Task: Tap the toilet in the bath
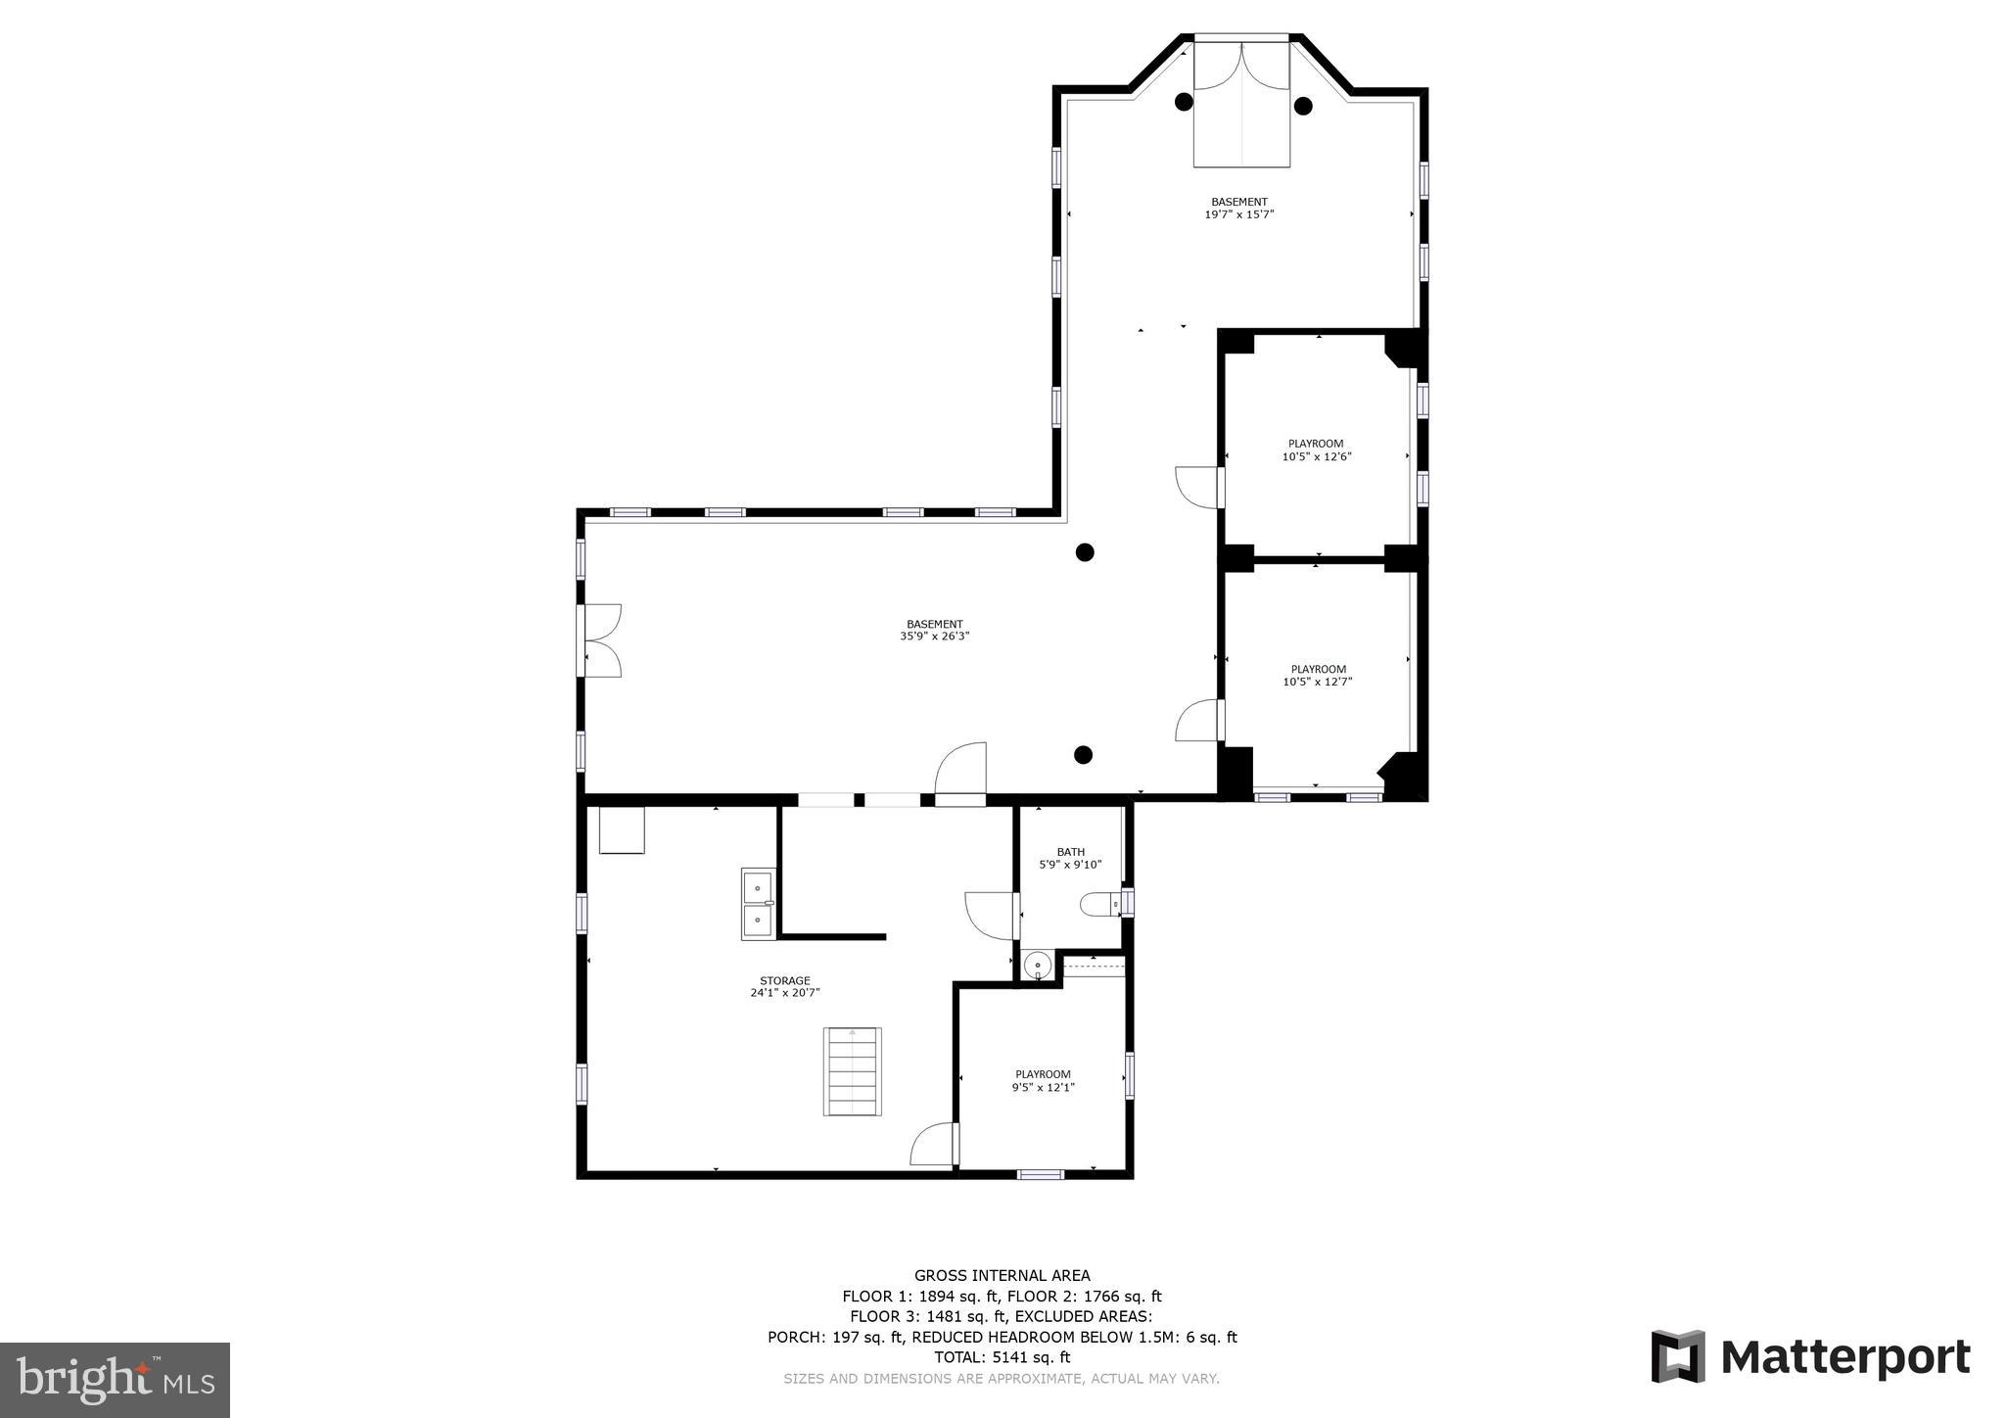point(1098,904)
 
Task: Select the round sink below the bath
point(1037,966)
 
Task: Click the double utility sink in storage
point(758,904)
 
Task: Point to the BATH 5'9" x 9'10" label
point(1070,858)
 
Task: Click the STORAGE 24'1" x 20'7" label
point(784,986)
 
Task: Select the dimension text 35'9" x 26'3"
point(934,637)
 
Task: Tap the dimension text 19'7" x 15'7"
point(1238,214)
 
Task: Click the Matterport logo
point(1810,1357)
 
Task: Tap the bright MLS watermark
point(115,1380)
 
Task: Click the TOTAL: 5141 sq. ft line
point(1002,1357)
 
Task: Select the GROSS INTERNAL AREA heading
point(1002,1275)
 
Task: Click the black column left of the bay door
point(1184,101)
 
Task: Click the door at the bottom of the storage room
point(933,1144)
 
